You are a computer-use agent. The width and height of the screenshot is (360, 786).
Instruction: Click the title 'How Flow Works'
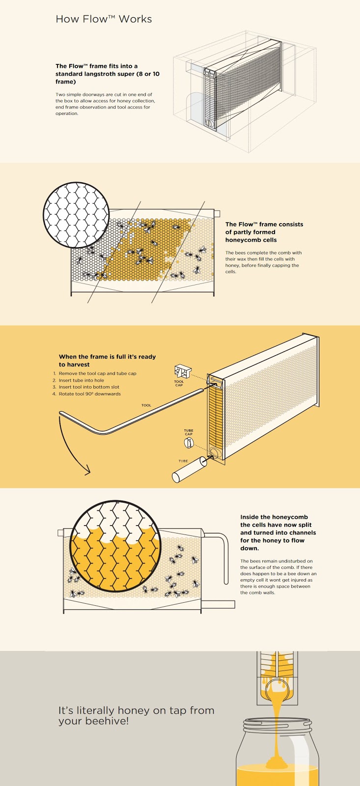tap(104, 19)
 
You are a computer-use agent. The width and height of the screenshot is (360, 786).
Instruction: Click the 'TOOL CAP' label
tap(179, 383)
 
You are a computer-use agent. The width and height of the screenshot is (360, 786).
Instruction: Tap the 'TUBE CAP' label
tap(189, 432)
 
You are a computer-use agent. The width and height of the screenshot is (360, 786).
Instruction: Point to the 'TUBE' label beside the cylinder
tap(183, 461)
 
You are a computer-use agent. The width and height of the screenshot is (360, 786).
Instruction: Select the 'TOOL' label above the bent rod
tap(146, 405)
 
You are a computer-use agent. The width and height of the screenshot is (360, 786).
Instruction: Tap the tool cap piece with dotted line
tap(183, 371)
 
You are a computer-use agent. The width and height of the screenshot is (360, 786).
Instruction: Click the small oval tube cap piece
tap(188, 443)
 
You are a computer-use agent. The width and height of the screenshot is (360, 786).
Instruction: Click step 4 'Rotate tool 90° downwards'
tap(89, 394)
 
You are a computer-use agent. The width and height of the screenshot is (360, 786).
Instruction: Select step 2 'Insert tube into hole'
tap(81, 380)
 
